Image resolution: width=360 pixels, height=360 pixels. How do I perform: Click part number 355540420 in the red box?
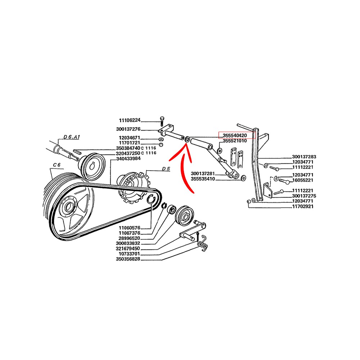click(235, 136)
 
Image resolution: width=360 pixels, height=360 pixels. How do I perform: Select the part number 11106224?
click(130, 120)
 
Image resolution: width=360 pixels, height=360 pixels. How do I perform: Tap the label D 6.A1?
click(71, 137)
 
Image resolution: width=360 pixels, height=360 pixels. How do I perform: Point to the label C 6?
click(57, 165)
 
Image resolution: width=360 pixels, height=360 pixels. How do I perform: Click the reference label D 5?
click(166, 169)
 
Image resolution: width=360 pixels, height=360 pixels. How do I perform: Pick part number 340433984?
click(129, 159)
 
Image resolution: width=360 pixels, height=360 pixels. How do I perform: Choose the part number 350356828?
click(128, 259)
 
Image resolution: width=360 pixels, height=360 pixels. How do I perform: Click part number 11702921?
click(303, 206)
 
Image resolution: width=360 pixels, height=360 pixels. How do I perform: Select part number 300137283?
click(304, 157)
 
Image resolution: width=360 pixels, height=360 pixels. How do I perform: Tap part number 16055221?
click(303, 180)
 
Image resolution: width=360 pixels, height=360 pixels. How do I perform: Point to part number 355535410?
click(203, 179)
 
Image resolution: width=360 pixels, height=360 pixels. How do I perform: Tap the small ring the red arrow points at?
click(187, 139)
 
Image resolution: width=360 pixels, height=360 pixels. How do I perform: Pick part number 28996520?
click(129, 238)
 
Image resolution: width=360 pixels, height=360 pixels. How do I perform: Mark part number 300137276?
click(128, 129)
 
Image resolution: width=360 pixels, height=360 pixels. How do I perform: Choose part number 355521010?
click(235, 141)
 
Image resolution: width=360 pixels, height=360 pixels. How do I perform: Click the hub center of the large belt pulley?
click(68, 208)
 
